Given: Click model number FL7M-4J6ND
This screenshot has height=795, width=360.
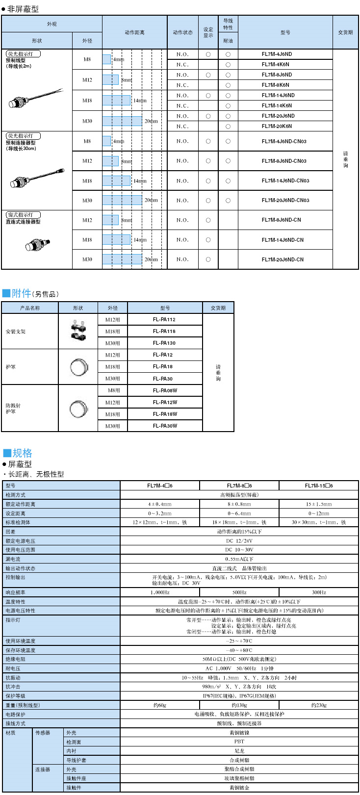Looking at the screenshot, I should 277,54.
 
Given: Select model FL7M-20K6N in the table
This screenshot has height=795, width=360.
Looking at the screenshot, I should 277,127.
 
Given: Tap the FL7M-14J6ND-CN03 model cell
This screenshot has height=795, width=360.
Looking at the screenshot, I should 285,181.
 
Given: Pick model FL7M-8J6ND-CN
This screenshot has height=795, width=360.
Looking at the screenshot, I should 281,220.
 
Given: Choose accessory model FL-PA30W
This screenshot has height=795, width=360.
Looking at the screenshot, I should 165,426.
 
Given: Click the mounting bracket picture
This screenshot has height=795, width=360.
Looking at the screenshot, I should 78,332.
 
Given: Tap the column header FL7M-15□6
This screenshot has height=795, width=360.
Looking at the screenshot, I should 319,486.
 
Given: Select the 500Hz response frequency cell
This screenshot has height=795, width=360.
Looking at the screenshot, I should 239,593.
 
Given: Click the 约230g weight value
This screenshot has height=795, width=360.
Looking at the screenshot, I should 319,705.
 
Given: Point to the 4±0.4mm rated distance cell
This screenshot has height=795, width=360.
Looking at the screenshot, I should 160,504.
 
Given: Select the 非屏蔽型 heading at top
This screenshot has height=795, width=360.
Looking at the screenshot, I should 23,9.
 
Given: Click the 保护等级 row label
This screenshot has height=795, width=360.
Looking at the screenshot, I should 16,696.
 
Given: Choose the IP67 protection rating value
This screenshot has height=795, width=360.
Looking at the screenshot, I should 239,696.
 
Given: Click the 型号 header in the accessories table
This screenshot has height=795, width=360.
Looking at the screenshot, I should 165,308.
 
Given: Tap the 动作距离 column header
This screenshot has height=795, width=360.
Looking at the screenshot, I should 134,33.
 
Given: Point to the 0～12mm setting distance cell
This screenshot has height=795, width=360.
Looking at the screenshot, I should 319,513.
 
